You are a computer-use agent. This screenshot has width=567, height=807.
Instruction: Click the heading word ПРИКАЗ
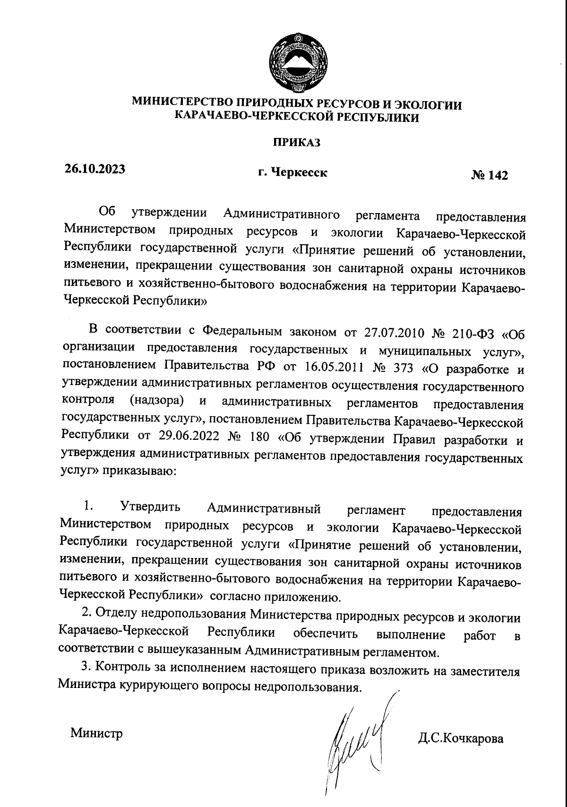(296, 142)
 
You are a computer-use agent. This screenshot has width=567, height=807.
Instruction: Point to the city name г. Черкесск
(292, 173)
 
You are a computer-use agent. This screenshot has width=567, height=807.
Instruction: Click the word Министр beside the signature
(96, 733)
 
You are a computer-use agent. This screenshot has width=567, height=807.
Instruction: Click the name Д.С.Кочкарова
(460, 738)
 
